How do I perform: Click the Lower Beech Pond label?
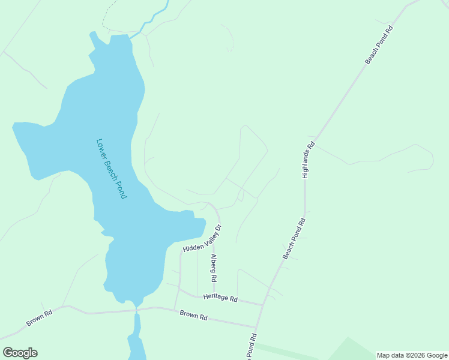[112, 169]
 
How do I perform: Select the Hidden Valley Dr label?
[202, 238]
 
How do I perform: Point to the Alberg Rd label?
[213, 268]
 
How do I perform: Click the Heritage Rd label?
[220, 298]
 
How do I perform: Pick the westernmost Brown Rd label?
[40, 318]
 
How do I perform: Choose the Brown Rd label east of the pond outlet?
[194, 315]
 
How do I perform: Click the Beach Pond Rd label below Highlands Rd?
[294, 239]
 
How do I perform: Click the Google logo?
[20, 353]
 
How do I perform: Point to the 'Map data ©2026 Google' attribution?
[412, 355]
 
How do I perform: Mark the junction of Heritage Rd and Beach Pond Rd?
[263, 305]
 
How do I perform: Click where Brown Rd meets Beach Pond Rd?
[256, 328]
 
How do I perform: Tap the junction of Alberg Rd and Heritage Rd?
[215, 298]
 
